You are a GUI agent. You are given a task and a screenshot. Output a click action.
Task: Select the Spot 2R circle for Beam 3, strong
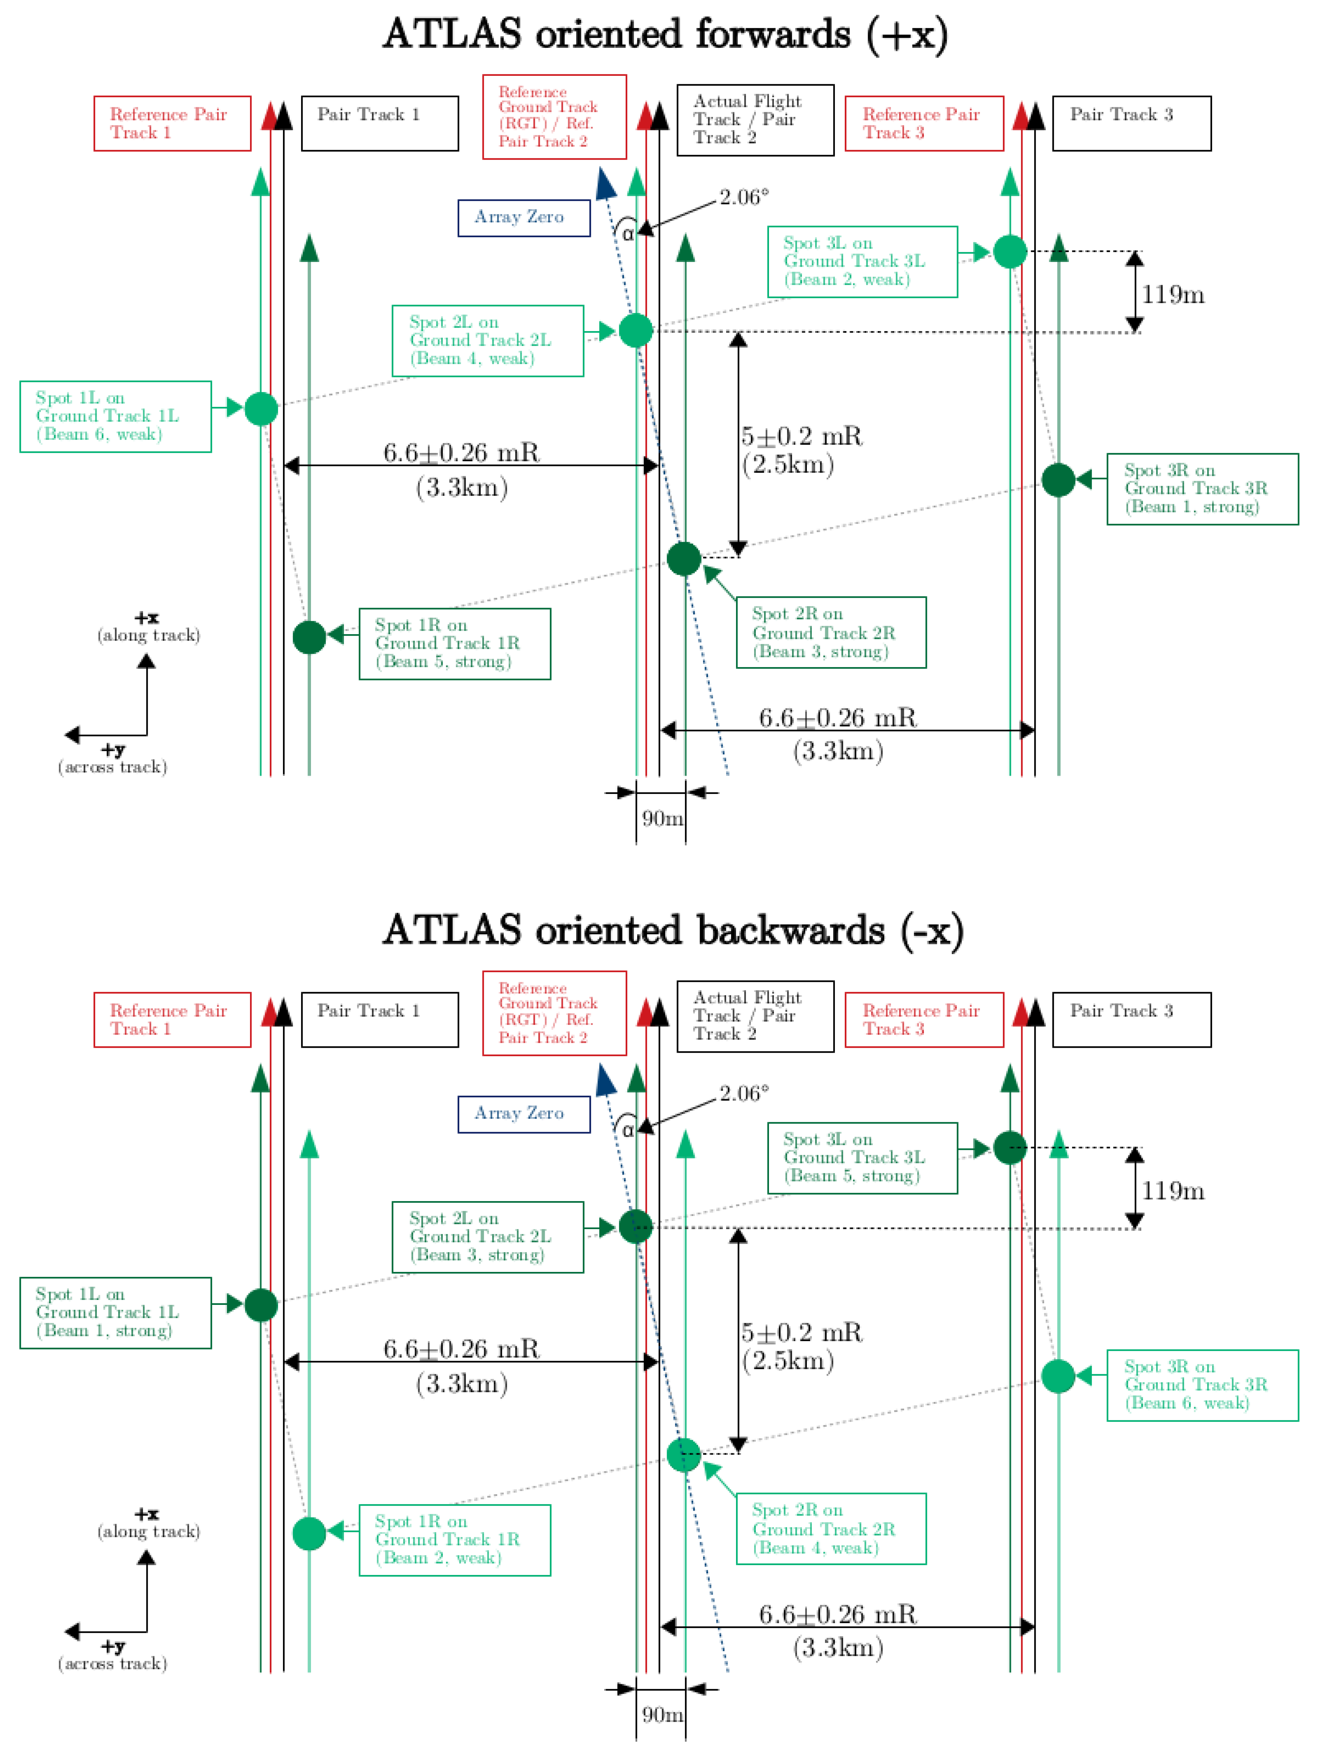(x=684, y=559)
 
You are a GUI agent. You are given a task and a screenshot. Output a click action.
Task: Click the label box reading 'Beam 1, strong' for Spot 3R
(x=1202, y=489)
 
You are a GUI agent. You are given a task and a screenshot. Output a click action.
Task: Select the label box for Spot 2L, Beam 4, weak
(x=487, y=341)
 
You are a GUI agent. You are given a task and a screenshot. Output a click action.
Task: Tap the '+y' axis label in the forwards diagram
(x=113, y=749)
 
